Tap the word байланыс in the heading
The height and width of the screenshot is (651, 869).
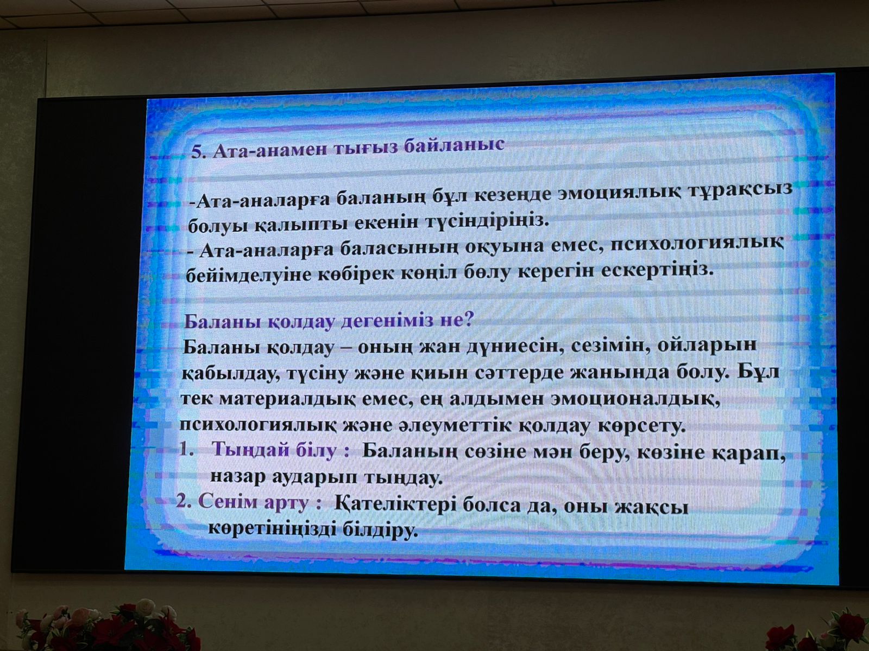point(454,145)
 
